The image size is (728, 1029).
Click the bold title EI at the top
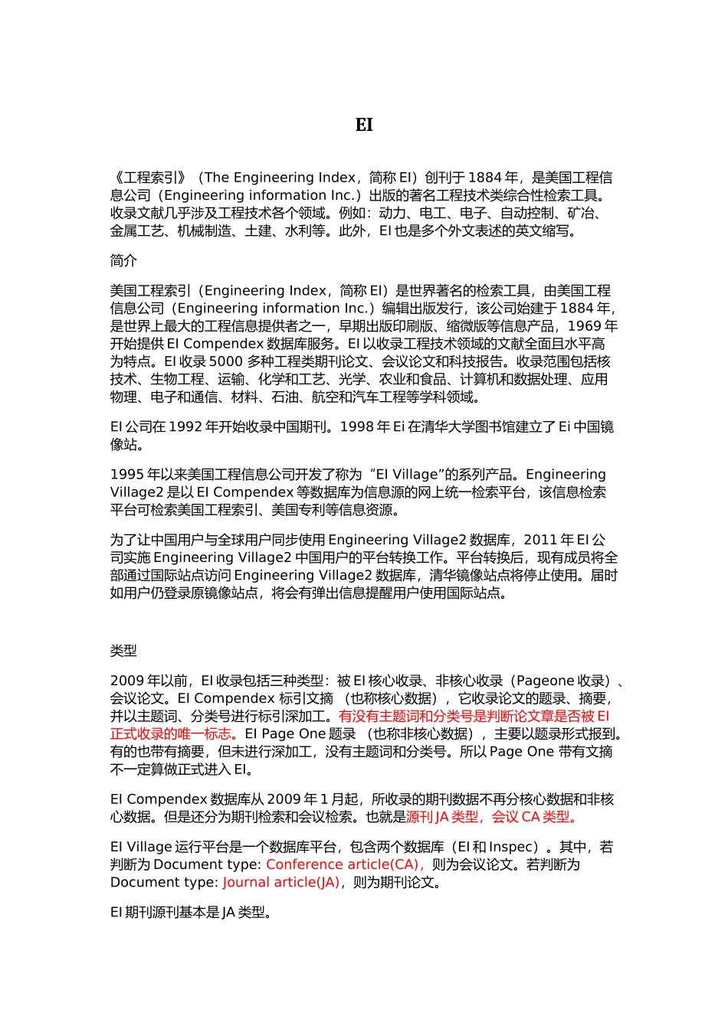pos(364,125)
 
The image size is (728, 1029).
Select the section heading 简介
pos(123,261)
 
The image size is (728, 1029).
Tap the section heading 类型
pos(123,651)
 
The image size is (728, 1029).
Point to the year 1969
pos(585,326)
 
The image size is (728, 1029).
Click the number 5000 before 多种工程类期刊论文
pos(225,361)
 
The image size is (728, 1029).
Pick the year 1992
pos(185,427)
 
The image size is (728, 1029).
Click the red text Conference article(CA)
pos(343,865)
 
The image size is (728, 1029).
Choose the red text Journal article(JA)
pos(280,883)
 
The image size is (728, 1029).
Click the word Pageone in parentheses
pos(546,681)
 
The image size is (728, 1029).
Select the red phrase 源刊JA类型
pos(442,818)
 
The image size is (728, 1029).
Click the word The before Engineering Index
pos(216,178)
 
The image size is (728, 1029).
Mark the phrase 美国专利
pos(298,510)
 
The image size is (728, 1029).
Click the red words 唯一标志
pos(203,734)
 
